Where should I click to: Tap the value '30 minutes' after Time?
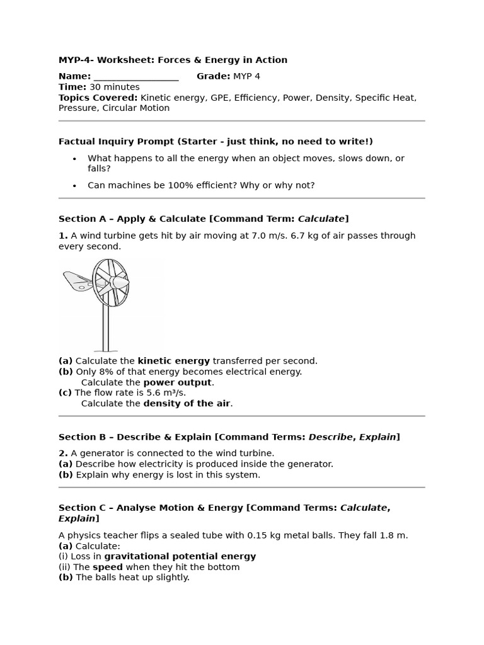[114, 87]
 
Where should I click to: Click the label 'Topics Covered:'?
[98, 98]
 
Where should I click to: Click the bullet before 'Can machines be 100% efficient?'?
[74, 186]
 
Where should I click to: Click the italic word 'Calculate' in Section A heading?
[321, 219]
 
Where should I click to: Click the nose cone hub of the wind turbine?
[120, 283]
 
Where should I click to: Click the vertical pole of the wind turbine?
[105, 328]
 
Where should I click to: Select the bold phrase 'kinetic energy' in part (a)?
[173, 361]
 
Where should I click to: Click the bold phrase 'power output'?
[177, 382]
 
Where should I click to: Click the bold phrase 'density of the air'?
[187, 404]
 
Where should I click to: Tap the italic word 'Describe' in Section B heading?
[330, 437]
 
